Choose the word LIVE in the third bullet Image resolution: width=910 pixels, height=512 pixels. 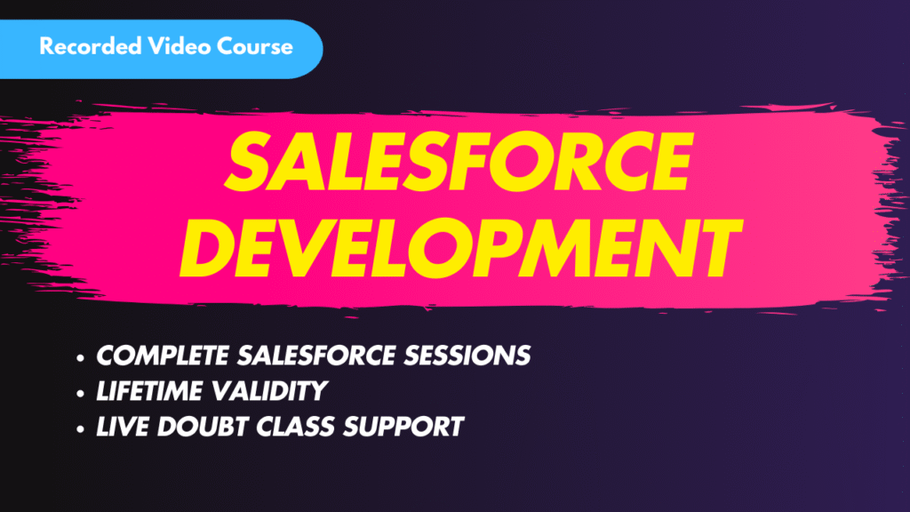(123, 427)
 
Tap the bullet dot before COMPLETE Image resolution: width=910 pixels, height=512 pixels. (82, 357)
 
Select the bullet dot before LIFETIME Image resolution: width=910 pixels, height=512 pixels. (82, 393)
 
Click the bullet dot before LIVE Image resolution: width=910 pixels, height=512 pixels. (82, 428)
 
